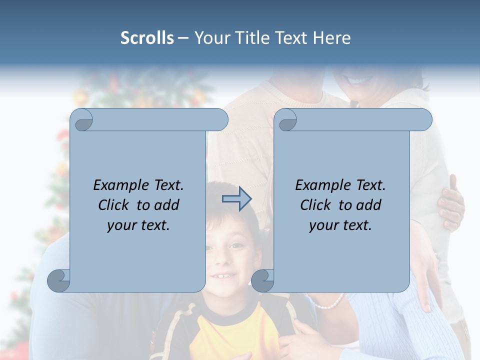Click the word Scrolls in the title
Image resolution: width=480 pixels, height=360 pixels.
[147, 37]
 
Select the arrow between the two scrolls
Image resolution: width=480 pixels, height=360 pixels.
[236, 199]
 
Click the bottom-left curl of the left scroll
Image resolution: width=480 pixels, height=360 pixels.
[59, 280]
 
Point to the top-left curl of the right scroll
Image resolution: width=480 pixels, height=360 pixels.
[286, 120]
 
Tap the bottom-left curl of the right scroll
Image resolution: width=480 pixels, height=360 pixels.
[262, 280]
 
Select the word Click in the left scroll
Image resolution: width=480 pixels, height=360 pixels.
[113, 205]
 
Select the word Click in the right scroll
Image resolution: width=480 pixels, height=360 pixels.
[315, 205]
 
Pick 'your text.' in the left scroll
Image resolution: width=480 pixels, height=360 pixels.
[138, 225]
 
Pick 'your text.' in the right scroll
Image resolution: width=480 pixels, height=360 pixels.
[340, 225]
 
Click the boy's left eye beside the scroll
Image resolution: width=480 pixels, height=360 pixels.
[235, 246]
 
